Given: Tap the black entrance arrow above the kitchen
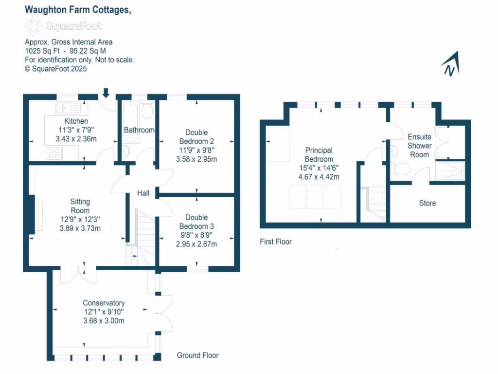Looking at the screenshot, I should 106,92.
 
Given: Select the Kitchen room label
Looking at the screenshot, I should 76,121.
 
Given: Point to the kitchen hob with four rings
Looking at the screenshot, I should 54,153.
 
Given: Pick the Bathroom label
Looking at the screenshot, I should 139,130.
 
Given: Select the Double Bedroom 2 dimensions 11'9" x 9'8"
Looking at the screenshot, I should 196,150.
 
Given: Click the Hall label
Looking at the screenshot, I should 143,193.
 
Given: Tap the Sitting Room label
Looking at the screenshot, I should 80,206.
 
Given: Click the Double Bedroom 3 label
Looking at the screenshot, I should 196,222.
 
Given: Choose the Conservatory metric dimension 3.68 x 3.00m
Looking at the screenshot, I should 104,320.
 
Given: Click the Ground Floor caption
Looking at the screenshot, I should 197,355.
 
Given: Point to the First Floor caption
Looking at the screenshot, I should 275,242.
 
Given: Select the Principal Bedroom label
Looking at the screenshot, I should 319,155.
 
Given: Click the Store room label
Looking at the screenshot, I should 427,203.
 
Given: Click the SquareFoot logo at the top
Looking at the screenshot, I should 63,25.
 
